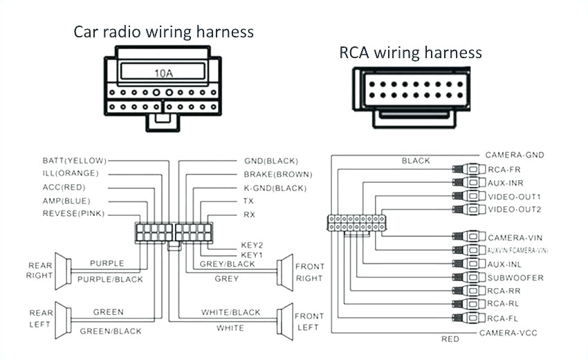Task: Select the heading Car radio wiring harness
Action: [x=164, y=32]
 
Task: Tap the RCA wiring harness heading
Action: [x=410, y=53]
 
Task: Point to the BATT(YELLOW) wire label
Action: [x=70, y=161]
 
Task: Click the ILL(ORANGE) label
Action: [x=70, y=173]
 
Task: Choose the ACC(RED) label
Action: [x=64, y=187]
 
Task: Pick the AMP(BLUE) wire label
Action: [x=66, y=200]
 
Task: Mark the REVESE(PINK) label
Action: [x=73, y=213]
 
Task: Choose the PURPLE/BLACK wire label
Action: [x=110, y=279]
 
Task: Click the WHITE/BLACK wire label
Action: [x=230, y=312]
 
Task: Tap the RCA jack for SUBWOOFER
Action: [x=468, y=278]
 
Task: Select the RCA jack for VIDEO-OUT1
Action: [x=468, y=197]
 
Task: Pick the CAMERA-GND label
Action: [x=513, y=155]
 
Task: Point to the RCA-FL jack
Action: [x=468, y=318]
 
